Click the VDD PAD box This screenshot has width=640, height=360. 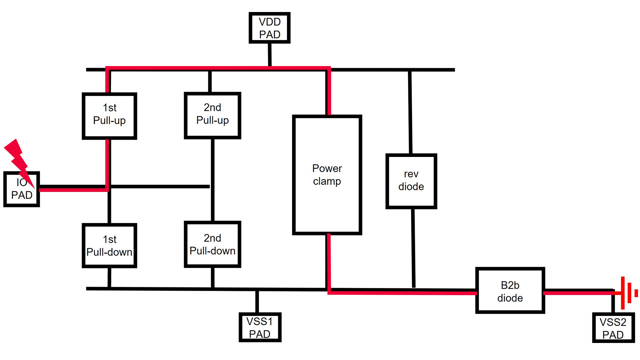point(269,28)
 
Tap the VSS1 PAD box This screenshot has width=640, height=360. point(260,327)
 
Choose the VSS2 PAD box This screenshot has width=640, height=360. point(613,328)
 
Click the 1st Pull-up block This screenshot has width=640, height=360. point(109,115)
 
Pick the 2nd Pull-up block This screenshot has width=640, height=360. point(212,115)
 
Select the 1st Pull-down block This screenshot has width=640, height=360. point(109,246)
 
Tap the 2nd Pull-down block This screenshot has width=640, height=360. point(212,244)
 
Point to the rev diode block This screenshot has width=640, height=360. point(411,181)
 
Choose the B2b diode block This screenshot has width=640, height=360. point(510,291)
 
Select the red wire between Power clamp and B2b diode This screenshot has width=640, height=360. point(400,293)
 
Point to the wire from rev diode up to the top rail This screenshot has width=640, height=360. point(410,113)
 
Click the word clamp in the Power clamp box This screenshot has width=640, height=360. point(327,182)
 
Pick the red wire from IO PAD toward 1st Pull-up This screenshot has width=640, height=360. point(73,190)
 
